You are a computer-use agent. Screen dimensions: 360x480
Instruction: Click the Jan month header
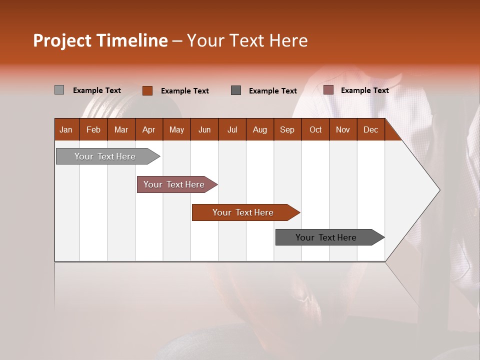(66, 129)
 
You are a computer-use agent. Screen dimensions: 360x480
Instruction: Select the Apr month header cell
(149, 129)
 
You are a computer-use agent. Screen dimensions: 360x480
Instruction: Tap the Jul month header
(232, 129)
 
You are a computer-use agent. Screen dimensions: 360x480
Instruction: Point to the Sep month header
(287, 129)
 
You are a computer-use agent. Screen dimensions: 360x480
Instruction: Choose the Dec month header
(370, 129)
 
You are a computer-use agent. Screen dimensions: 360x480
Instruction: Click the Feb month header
(93, 129)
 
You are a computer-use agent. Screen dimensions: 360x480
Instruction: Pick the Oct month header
(315, 129)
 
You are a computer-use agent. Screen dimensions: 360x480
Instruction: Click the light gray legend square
(59, 90)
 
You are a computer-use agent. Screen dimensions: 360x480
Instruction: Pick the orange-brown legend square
(147, 90)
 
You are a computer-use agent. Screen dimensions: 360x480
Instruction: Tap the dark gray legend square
(236, 90)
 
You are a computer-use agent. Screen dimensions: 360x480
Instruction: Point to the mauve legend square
(328, 90)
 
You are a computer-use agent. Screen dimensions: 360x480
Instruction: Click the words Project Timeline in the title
(100, 40)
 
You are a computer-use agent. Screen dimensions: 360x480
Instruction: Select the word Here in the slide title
(288, 40)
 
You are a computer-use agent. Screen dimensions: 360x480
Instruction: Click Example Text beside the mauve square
(364, 90)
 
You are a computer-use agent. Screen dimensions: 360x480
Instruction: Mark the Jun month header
(204, 129)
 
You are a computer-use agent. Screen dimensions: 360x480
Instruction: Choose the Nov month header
(343, 129)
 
